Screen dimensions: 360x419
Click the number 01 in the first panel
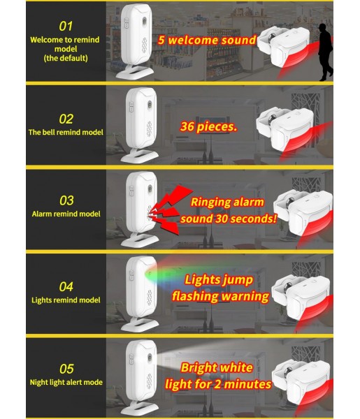pos(66,27)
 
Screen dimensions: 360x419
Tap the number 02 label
pos(66,119)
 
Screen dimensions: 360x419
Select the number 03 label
pos(66,200)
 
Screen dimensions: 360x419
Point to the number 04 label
pos(66,287)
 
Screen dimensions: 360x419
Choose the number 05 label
pos(66,369)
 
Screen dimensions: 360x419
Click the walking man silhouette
pos(326,52)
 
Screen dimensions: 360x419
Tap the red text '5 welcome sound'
pos(207,40)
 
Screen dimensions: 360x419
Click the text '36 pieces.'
pos(208,126)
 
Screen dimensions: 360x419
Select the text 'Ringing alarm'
pos(227,202)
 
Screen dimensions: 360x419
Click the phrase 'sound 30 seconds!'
pos(229,219)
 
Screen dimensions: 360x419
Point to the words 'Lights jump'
pos(219,280)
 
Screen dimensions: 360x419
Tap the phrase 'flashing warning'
pos(220,296)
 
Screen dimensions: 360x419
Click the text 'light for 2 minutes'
pos(218,384)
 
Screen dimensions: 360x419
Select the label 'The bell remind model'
pos(66,132)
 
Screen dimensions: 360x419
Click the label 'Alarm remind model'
pos(66,214)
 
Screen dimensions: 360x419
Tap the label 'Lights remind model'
pos(66,300)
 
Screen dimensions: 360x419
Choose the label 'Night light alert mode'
pos(66,383)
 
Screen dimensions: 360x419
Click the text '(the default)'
pos(66,58)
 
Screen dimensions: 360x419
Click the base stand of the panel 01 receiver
pos(135,73)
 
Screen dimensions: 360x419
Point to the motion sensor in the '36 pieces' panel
pos(285,128)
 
